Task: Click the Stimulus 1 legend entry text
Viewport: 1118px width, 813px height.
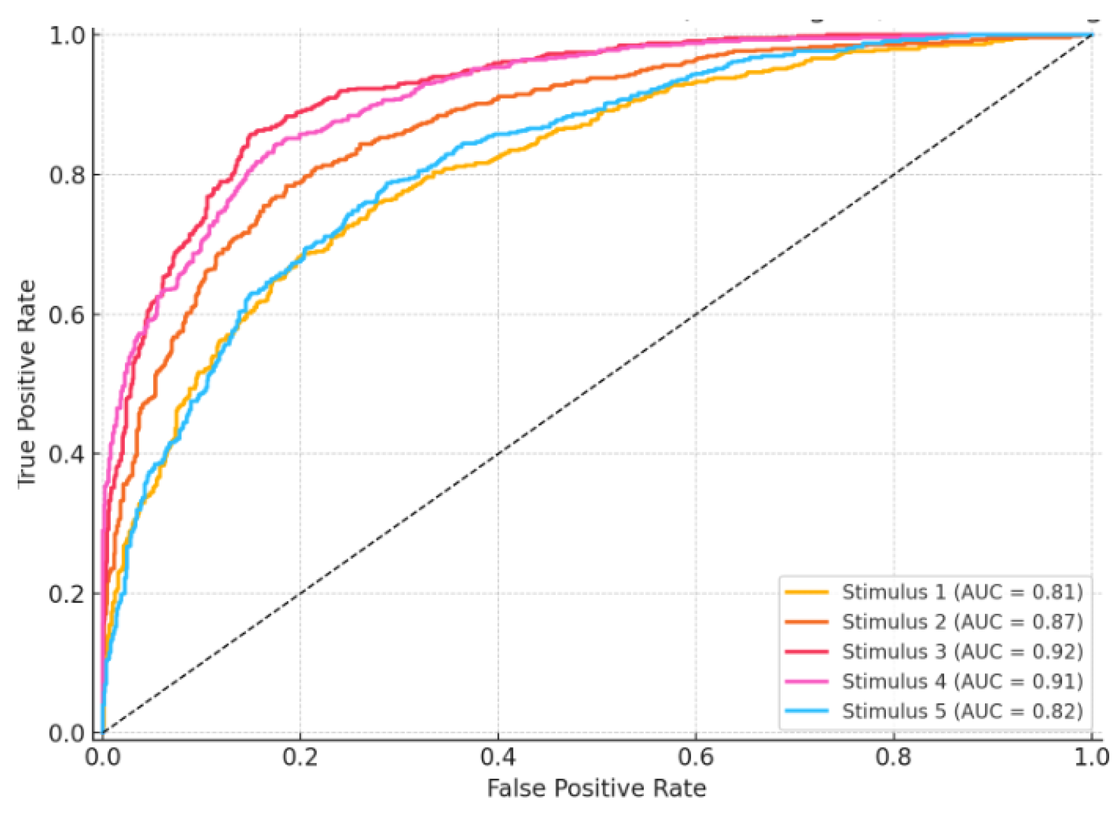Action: point(962,592)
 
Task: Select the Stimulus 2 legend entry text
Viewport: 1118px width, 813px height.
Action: point(962,622)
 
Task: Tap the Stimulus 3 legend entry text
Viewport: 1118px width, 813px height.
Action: point(962,652)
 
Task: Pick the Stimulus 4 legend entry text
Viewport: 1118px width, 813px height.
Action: point(962,681)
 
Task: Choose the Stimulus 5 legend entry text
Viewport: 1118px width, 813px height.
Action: point(962,711)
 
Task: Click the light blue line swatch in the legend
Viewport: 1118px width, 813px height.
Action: point(806,711)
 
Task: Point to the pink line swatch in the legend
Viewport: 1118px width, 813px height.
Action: point(806,681)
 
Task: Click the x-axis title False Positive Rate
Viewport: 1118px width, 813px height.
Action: point(596,788)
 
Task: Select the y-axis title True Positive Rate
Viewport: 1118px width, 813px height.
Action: point(26,383)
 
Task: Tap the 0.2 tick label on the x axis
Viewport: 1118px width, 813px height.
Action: point(300,757)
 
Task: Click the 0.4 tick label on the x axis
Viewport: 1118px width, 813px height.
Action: point(498,757)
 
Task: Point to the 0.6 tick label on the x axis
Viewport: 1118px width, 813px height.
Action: point(696,757)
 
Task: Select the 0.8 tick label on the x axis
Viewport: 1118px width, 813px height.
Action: point(894,757)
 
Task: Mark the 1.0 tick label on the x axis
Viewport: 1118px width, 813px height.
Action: point(1091,757)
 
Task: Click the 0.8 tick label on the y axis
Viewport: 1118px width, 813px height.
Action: point(67,175)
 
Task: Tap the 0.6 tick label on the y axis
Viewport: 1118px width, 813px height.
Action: point(67,314)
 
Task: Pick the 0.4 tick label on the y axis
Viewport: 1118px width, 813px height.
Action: point(67,454)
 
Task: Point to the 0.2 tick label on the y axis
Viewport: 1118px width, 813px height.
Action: point(67,594)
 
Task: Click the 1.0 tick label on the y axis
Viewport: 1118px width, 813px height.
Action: point(67,35)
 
